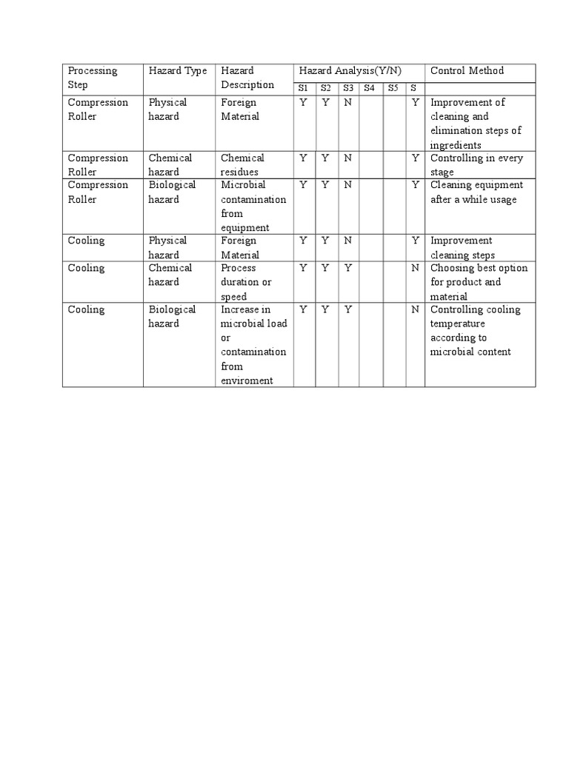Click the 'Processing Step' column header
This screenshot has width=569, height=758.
click(93, 78)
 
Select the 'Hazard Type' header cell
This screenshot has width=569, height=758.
click(177, 71)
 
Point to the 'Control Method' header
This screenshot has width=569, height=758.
click(467, 71)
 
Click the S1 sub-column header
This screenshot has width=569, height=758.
click(303, 88)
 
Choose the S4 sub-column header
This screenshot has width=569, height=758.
click(369, 88)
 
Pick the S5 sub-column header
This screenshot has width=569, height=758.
click(393, 88)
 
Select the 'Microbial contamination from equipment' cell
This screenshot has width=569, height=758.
click(253, 206)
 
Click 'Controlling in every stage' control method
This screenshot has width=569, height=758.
click(476, 164)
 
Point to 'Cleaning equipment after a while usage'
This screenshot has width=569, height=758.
click(476, 192)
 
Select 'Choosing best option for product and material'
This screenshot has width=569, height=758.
click(478, 282)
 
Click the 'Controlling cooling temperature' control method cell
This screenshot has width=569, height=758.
click(475, 330)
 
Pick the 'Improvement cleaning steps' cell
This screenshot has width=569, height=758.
click(462, 247)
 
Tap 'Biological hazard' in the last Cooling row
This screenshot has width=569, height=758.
click(172, 316)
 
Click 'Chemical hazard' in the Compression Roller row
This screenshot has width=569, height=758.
click(170, 164)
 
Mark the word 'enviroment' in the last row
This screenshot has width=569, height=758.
click(247, 380)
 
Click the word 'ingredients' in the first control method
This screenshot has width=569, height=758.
click(456, 145)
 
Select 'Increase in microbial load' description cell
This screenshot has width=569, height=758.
click(253, 316)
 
